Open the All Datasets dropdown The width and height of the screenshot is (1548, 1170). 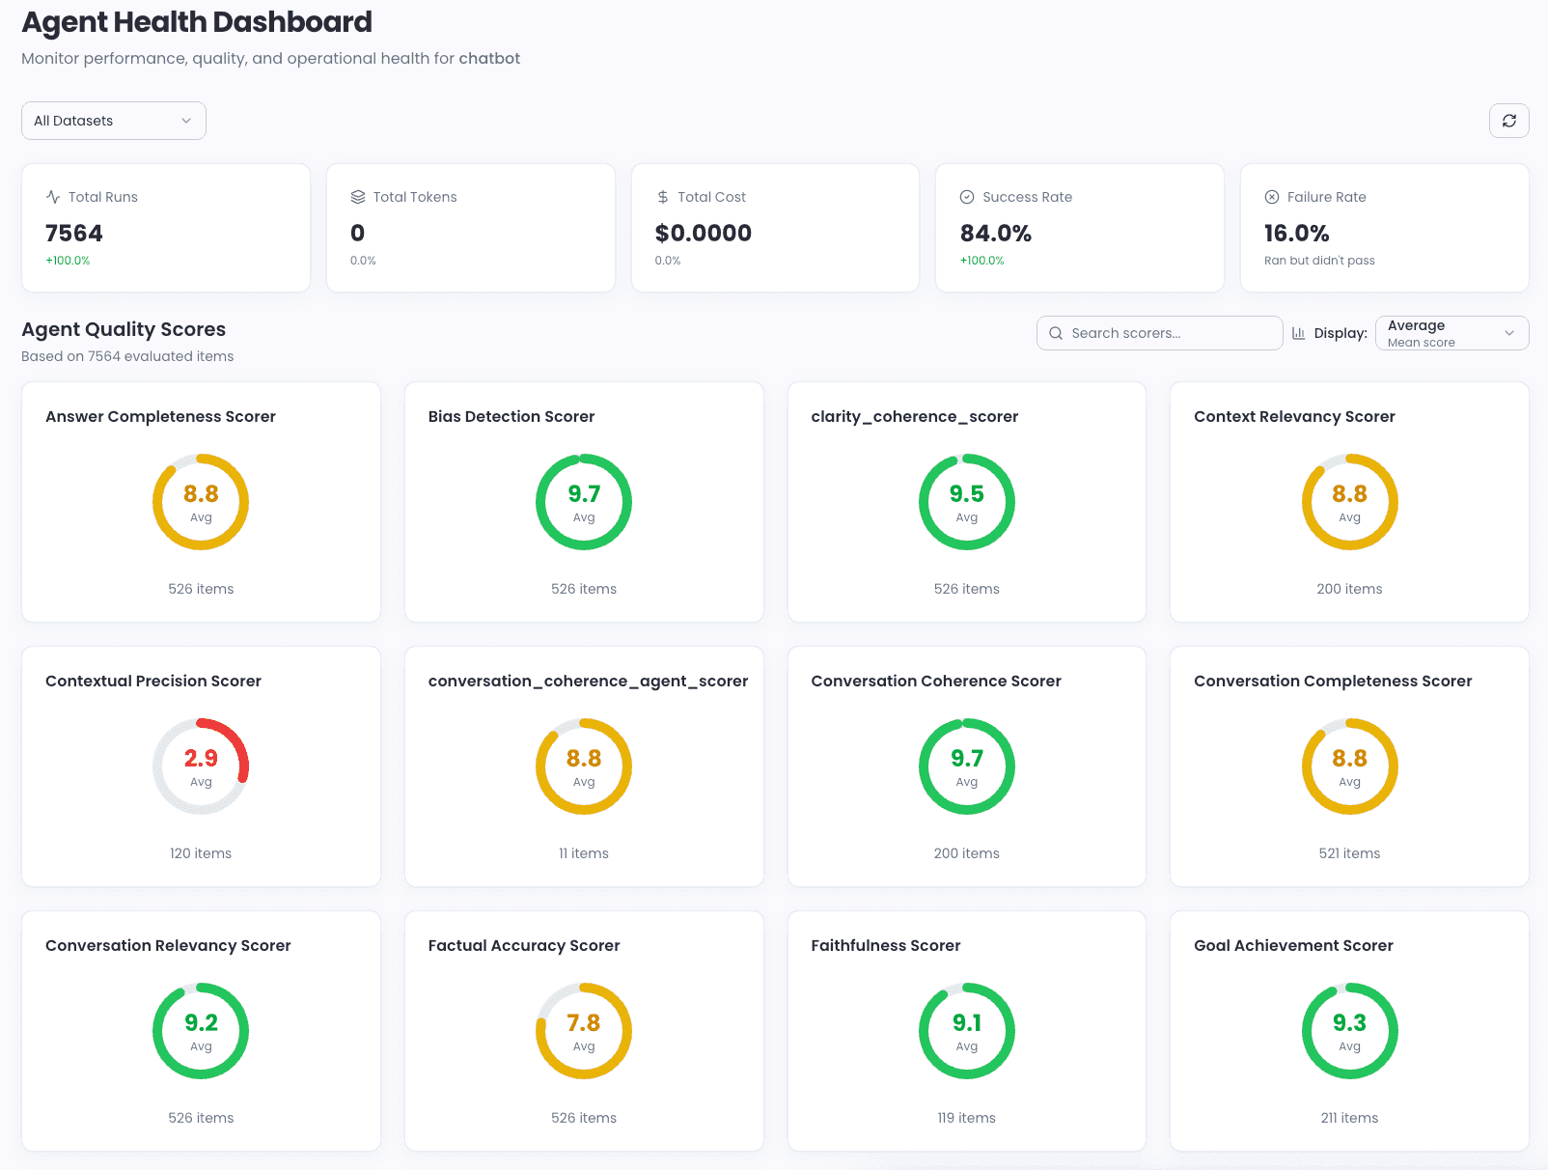coord(113,121)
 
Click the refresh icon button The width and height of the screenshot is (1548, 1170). coord(1508,121)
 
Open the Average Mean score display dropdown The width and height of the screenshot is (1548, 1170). coord(1451,333)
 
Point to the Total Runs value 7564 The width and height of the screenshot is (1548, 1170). coord(74,234)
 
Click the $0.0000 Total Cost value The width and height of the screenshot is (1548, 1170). coord(703,234)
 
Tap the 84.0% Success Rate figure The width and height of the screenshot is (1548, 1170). coord(995,234)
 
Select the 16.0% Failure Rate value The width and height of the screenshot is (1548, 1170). coord(1296,234)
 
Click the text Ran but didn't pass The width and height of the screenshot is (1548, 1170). coord(1319,261)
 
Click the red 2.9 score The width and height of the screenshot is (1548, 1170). coord(201,759)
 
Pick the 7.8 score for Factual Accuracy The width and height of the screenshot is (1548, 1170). coord(583,1023)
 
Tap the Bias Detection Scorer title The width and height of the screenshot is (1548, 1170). coord(511,417)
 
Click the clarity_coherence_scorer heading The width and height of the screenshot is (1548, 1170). coord(914,417)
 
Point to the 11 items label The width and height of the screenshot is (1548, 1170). coord(583,853)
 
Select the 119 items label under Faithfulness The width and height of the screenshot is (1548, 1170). coord(966,1118)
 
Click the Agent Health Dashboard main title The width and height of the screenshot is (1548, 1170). coord(197,22)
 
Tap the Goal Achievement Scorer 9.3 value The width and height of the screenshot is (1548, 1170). coord(1349,1023)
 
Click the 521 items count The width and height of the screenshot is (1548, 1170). coord(1349,853)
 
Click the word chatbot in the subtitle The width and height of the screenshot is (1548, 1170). coord(489,59)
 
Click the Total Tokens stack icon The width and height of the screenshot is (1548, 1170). coord(358,197)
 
